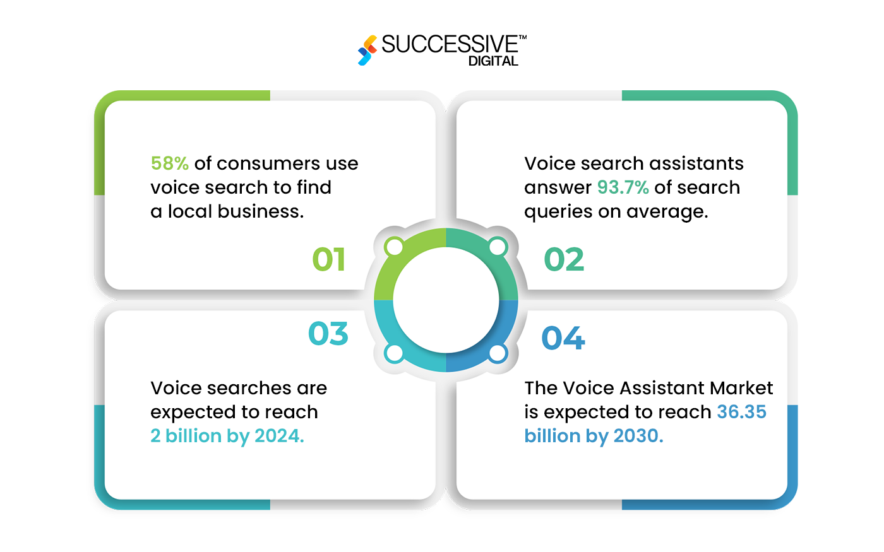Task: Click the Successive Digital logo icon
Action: coord(367,50)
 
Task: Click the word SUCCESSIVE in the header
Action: coord(450,45)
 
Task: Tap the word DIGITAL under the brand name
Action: coord(493,61)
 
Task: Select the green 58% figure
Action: coord(169,163)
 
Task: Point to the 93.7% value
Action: coord(623,187)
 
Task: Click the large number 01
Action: coord(329,259)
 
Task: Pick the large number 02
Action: coord(564,259)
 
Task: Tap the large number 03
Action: coord(328,334)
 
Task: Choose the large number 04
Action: coord(563,338)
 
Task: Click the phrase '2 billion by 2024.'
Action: coord(227,436)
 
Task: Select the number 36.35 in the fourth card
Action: coord(741,412)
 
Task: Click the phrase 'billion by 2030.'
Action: coord(594,436)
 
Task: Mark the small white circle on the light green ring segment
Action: coord(394,247)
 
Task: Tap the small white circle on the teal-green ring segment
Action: coord(498,247)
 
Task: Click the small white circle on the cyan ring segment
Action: coord(394,353)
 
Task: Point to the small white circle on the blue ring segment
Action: coord(498,353)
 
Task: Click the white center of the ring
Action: coord(446,300)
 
